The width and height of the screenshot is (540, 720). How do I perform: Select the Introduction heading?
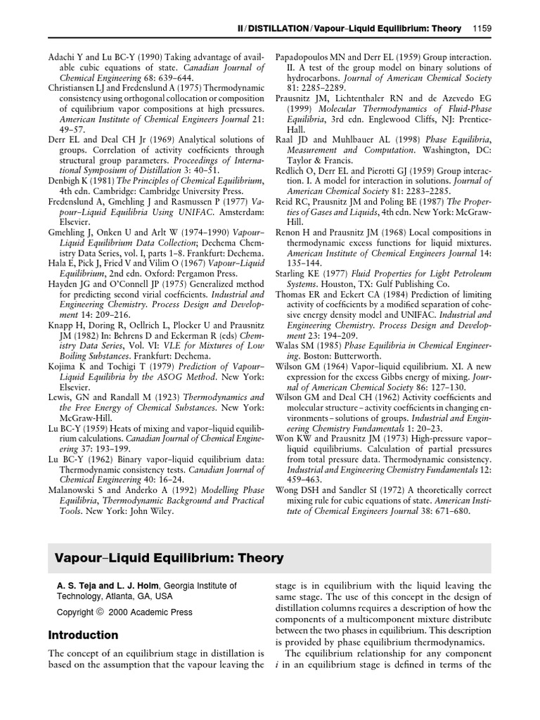[83, 635]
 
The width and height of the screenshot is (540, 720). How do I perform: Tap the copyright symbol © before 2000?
[99, 612]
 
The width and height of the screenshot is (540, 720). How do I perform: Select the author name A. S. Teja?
[75, 585]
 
